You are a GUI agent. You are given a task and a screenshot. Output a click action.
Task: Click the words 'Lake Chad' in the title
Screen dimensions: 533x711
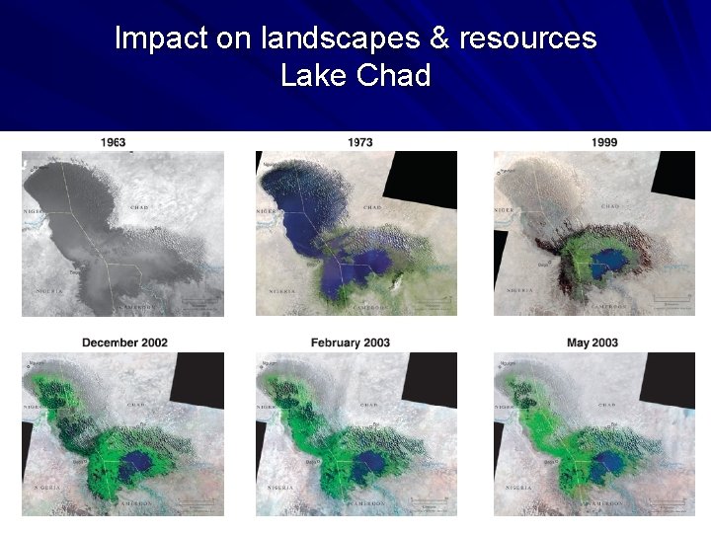click(x=355, y=75)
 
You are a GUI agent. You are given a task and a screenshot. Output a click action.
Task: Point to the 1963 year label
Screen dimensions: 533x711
click(x=113, y=142)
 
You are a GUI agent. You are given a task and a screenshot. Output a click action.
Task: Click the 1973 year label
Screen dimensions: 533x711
click(x=360, y=142)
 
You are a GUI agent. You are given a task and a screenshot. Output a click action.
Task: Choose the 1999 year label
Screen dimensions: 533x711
click(x=605, y=142)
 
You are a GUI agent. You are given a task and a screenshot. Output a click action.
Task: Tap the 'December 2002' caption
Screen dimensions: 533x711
click(x=124, y=343)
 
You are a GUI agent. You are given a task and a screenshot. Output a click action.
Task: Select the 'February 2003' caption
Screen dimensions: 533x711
click(x=351, y=343)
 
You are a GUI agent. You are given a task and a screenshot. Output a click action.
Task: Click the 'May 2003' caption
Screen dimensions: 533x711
click(x=592, y=343)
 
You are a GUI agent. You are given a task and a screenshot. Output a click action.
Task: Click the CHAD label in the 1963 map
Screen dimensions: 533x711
click(x=139, y=208)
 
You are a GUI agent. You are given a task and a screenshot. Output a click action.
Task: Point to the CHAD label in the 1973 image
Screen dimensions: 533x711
click(x=372, y=208)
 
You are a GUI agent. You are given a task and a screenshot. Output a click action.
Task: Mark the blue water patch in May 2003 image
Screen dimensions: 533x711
click(x=602, y=464)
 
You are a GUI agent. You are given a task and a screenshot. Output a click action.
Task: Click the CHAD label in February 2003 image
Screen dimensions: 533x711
click(x=368, y=405)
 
